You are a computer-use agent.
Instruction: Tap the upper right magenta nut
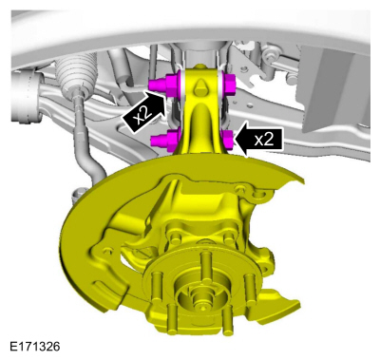click(x=227, y=83)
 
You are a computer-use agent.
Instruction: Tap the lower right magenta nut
click(x=228, y=141)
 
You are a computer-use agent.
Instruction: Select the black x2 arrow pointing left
click(x=259, y=141)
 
